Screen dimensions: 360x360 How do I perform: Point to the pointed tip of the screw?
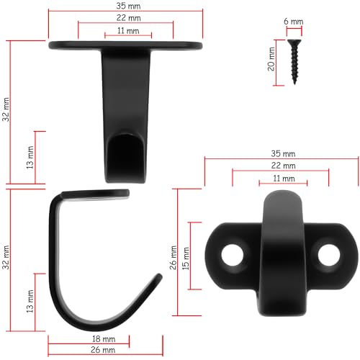coord(294,84)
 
